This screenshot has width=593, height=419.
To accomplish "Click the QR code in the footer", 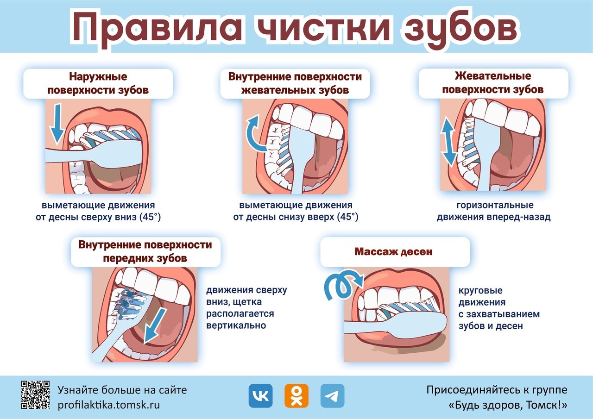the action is (x=36, y=395).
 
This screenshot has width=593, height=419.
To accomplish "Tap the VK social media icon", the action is (x=260, y=396).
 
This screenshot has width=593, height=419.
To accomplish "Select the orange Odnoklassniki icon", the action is (x=296, y=396).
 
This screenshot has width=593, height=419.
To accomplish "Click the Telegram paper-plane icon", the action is (x=332, y=396).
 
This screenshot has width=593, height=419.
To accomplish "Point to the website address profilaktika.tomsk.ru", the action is (x=109, y=405).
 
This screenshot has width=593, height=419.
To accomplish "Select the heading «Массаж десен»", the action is (x=393, y=251).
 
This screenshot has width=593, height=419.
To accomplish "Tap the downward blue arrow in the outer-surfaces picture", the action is (x=57, y=124).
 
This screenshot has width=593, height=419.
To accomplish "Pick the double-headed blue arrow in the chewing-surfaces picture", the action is (x=448, y=142).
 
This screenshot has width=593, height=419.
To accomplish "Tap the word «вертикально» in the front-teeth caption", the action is (x=236, y=325).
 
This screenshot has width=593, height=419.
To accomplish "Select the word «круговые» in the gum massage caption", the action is (x=480, y=290).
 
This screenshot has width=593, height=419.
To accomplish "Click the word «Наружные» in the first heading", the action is (x=98, y=77).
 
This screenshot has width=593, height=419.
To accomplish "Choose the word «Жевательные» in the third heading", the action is (x=492, y=76).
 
